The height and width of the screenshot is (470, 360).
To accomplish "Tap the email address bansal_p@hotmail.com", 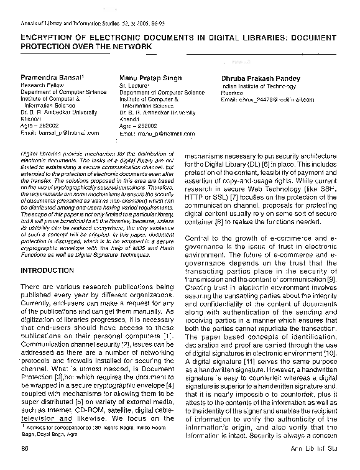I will click(60, 132).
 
